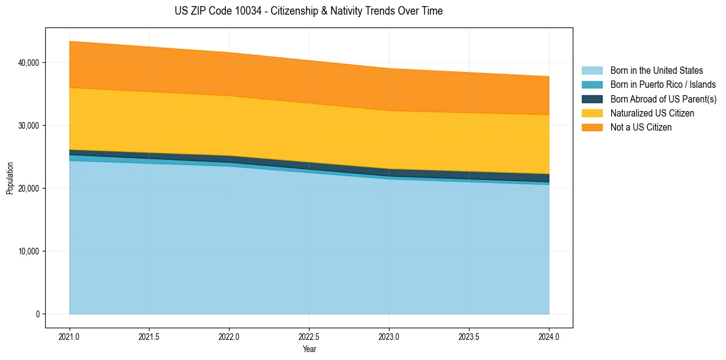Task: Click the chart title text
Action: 308,11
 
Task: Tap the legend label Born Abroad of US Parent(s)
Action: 663,99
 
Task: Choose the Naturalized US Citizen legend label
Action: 652,113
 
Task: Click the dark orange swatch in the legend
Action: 592,128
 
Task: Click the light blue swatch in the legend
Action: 592,71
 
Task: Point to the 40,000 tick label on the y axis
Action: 29,63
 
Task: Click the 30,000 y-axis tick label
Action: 29,126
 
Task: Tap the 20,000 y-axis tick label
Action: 29,189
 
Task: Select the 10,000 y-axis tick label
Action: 29,251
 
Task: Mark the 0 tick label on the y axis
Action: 37,314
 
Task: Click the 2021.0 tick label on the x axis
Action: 70,336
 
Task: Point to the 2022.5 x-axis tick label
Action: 310,336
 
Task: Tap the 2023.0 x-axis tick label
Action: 389,336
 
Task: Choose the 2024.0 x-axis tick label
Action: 549,336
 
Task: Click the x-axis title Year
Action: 310,349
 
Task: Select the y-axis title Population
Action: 10,178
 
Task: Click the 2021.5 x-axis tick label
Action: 150,336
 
